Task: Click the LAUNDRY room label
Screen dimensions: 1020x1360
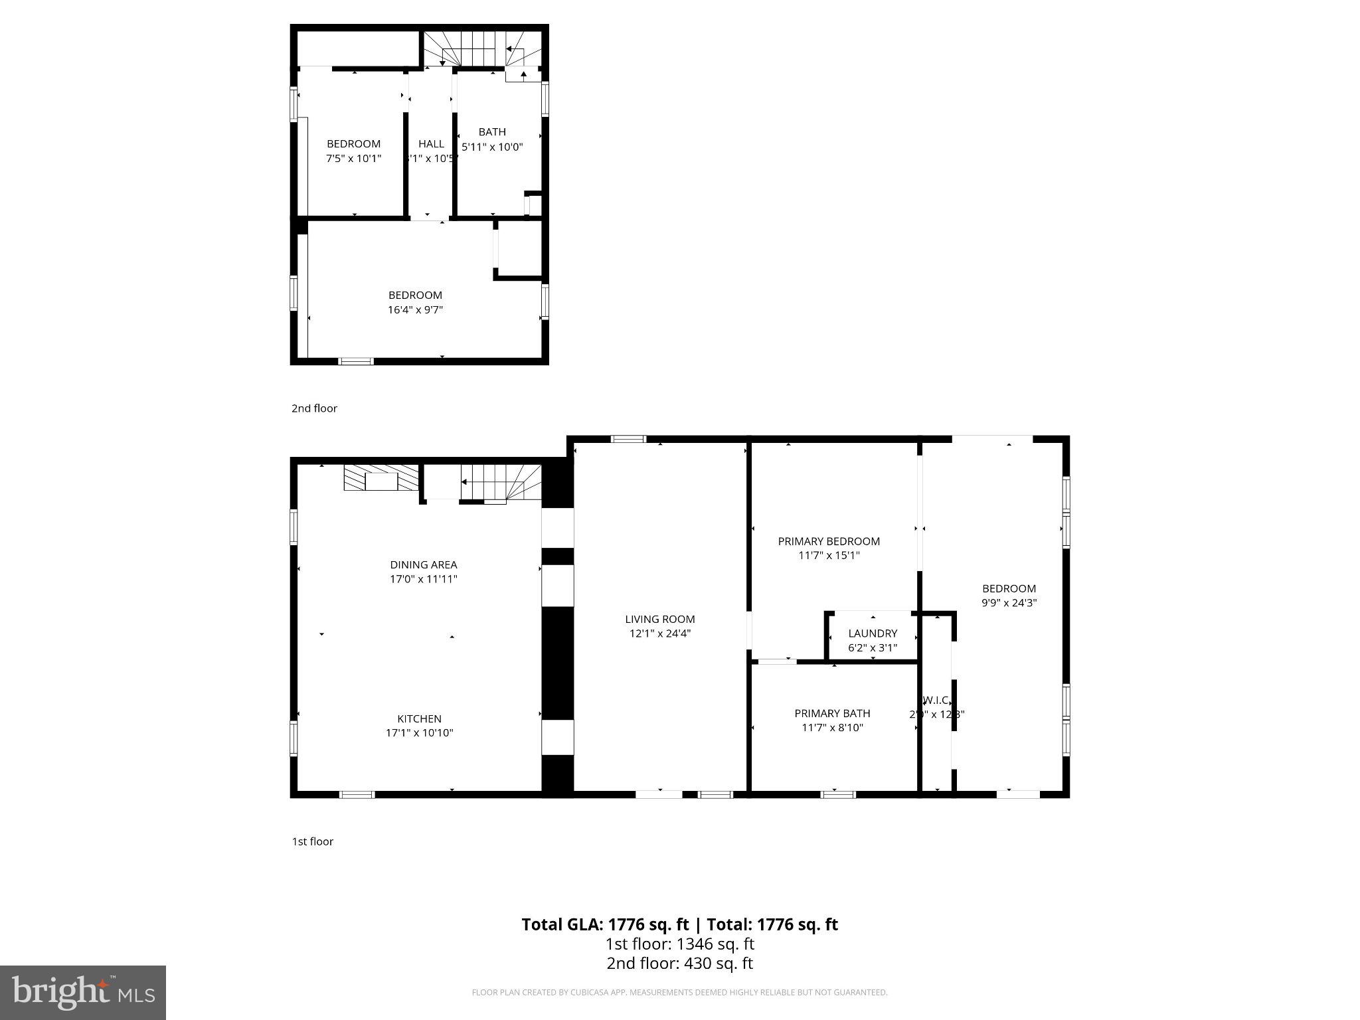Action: pyautogui.click(x=873, y=634)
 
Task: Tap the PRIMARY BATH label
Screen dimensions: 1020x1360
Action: pyautogui.click(x=832, y=713)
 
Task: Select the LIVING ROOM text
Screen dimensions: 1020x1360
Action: pyautogui.click(x=659, y=619)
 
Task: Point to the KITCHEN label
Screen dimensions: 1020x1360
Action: pyautogui.click(x=419, y=719)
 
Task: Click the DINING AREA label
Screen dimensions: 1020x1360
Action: pyautogui.click(x=423, y=564)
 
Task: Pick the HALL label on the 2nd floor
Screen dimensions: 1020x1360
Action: pyautogui.click(x=431, y=143)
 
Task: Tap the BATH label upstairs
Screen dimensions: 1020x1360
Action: pyautogui.click(x=492, y=132)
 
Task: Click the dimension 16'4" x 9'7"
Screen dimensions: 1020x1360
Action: pyautogui.click(x=415, y=309)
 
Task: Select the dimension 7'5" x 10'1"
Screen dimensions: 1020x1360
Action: pyautogui.click(x=353, y=158)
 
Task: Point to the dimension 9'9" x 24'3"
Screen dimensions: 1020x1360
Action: pyautogui.click(x=1009, y=603)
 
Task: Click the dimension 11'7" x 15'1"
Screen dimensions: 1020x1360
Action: pyautogui.click(x=829, y=556)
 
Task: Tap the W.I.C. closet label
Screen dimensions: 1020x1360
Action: pyautogui.click(x=936, y=700)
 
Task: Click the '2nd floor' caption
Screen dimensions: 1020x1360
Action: pyautogui.click(x=314, y=408)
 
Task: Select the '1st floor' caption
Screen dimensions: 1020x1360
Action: pyautogui.click(x=312, y=841)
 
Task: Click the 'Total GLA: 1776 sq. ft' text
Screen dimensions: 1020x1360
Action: pyautogui.click(x=606, y=924)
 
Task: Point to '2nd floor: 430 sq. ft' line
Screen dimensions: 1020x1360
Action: pyautogui.click(x=679, y=964)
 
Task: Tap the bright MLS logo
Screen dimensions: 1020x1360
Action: pyautogui.click(x=83, y=992)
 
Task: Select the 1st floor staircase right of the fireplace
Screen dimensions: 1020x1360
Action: pyautogui.click(x=501, y=483)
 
